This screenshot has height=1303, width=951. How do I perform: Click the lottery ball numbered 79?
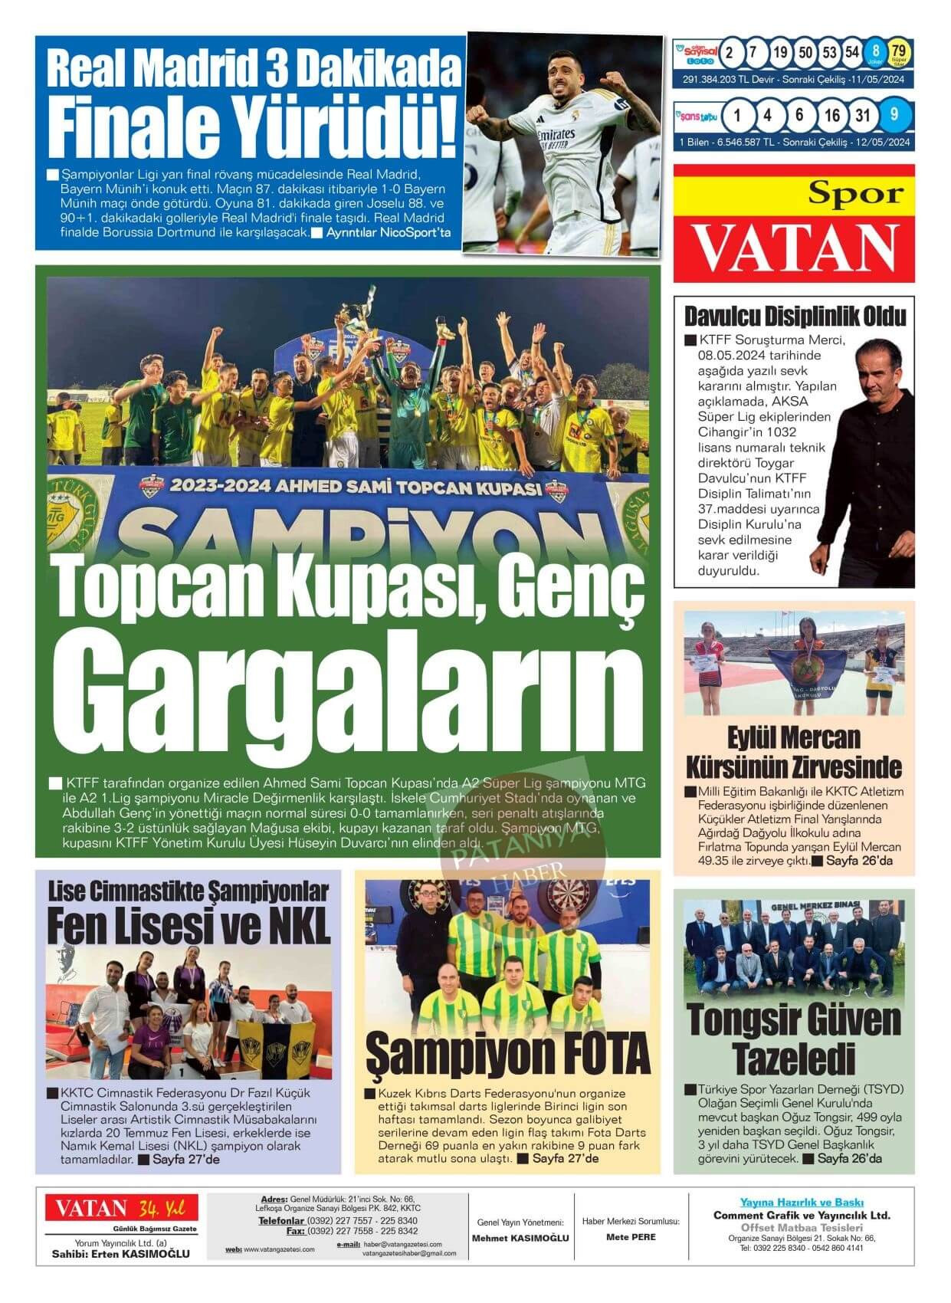(898, 52)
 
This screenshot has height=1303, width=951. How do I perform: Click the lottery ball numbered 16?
(832, 116)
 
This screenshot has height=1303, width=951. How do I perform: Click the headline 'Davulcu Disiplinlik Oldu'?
(794, 316)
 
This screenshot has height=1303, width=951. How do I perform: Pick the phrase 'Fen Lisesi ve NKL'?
(189, 925)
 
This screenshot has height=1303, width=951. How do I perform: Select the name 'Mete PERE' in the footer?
(631, 1237)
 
